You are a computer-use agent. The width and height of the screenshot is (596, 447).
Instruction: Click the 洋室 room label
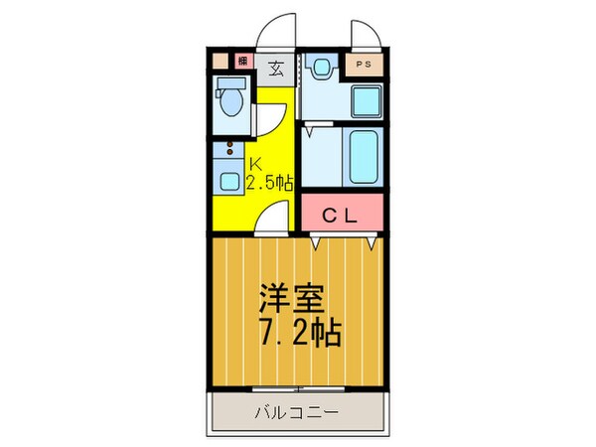coord(289,298)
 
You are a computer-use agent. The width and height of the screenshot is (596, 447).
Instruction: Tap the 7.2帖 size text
coord(300,332)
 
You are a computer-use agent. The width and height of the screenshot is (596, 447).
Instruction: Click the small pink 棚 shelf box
coord(241,61)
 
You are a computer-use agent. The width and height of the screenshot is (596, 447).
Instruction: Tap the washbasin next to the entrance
coord(319,70)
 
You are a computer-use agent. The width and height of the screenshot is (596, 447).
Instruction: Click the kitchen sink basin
coord(230,182)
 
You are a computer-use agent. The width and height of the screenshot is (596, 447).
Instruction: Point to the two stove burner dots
coord(230,152)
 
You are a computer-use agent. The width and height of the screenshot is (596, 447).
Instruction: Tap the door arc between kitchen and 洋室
coord(275,217)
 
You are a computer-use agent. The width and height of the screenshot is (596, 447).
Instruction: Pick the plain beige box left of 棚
coord(221,61)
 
